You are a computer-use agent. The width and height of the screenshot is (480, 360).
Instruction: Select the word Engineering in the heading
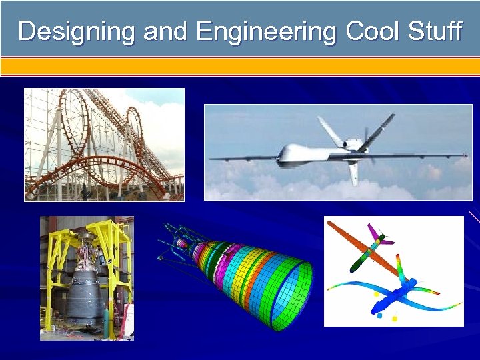pos(267,31)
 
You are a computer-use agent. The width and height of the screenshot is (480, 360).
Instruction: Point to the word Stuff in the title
pos(435,31)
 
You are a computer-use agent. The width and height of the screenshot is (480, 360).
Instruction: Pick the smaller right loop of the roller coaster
pos(135,133)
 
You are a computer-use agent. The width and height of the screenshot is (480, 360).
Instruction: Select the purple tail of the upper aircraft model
pos(373,234)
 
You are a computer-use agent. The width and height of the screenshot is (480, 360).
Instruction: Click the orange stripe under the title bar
pos(240,66)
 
